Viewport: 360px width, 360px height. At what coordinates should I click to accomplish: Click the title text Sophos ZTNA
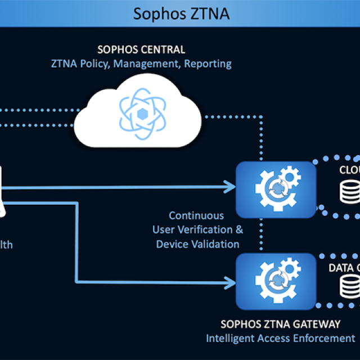(181, 13)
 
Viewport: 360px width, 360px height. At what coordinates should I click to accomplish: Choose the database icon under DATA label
(350, 287)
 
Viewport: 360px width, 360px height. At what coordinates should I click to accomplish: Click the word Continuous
(196, 215)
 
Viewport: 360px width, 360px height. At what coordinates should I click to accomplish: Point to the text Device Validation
(197, 244)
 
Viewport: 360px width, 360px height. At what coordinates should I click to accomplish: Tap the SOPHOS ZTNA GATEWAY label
(280, 324)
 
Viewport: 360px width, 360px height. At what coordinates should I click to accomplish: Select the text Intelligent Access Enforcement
(280, 338)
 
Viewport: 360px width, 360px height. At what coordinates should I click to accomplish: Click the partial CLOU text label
(349, 170)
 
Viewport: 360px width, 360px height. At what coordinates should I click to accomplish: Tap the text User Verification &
(197, 229)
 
